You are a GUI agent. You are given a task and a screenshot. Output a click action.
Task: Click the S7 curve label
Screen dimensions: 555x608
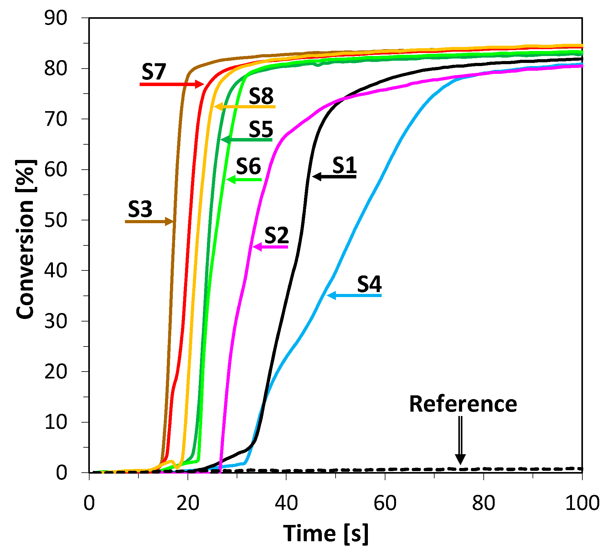point(153,72)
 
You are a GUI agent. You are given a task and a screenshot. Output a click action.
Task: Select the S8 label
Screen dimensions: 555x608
point(261,96)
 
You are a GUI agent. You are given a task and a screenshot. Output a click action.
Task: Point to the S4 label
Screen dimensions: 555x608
point(369,284)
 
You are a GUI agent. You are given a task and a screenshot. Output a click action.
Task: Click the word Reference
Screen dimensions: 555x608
point(463,404)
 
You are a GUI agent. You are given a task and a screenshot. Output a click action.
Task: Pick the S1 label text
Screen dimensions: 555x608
point(344,165)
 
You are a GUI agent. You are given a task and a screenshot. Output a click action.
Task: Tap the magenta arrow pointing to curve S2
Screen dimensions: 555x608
point(270,247)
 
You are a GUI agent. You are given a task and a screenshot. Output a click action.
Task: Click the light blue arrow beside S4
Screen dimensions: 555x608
point(354,295)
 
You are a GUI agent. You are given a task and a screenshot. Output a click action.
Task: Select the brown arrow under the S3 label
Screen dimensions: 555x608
point(149,221)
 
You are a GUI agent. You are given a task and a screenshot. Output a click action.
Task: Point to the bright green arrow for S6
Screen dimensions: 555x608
point(244,179)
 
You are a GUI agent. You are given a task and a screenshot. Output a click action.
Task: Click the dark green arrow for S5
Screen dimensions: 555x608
point(246,139)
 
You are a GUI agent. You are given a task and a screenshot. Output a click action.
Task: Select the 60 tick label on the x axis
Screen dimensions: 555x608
point(385,504)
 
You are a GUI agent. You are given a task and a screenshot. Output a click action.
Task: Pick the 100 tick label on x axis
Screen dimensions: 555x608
point(582,504)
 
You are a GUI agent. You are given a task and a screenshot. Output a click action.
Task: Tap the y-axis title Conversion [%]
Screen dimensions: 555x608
point(26,239)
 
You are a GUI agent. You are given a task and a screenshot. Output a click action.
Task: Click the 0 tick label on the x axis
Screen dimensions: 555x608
point(89,504)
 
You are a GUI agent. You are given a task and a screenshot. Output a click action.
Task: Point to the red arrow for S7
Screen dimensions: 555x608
point(172,84)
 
